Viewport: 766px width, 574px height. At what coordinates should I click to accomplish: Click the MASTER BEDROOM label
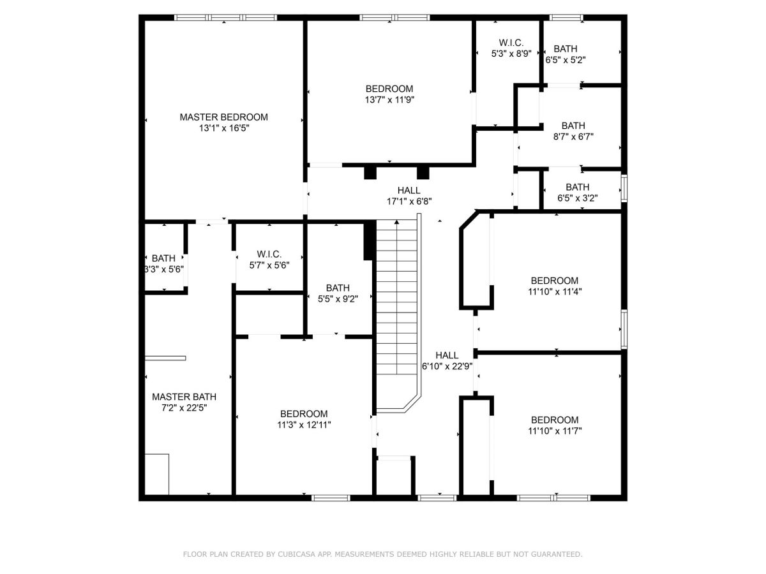[x=223, y=117]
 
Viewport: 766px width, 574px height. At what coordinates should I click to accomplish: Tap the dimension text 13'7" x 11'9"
[x=389, y=100]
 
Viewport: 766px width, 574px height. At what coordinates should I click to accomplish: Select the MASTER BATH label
[x=184, y=397]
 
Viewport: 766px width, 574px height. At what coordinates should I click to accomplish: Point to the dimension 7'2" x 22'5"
[x=184, y=408]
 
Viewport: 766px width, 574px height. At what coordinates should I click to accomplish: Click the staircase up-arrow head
[x=396, y=222]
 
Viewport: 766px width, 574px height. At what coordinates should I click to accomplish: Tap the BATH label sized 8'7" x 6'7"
[x=573, y=126]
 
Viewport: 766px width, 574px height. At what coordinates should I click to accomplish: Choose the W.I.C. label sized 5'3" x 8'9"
[x=511, y=43]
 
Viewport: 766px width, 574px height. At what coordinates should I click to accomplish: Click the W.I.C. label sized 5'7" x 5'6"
[x=269, y=254]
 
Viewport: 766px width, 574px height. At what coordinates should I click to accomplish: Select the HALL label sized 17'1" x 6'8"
[x=409, y=190]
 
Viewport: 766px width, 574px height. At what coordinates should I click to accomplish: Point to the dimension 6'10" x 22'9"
[x=447, y=366]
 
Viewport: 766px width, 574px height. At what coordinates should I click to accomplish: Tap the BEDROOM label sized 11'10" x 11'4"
[x=555, y=281]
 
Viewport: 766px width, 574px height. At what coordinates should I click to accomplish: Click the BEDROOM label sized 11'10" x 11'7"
[x=555, y=420]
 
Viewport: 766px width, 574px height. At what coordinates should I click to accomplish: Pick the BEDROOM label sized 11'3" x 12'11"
[x=304, y=414]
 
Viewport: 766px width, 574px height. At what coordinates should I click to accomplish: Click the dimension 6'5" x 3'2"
[x=577, y=198]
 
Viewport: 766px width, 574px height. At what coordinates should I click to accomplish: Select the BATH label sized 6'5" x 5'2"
[x=566, y=49]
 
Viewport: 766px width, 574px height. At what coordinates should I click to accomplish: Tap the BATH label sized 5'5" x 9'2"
[x=338, y=288]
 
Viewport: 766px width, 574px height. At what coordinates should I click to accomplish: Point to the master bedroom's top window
[x=225, y=17]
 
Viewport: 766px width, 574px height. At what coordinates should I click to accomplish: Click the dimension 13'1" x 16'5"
[x=223, y=128]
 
